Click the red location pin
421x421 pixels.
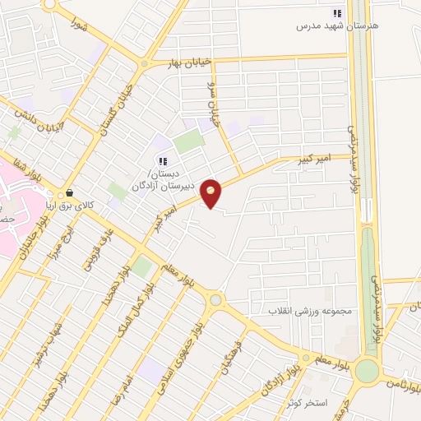(x=211, y=193)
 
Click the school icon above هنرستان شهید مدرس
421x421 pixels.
(x=336, y=13)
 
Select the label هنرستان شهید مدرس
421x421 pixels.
(x=338, y=26)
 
